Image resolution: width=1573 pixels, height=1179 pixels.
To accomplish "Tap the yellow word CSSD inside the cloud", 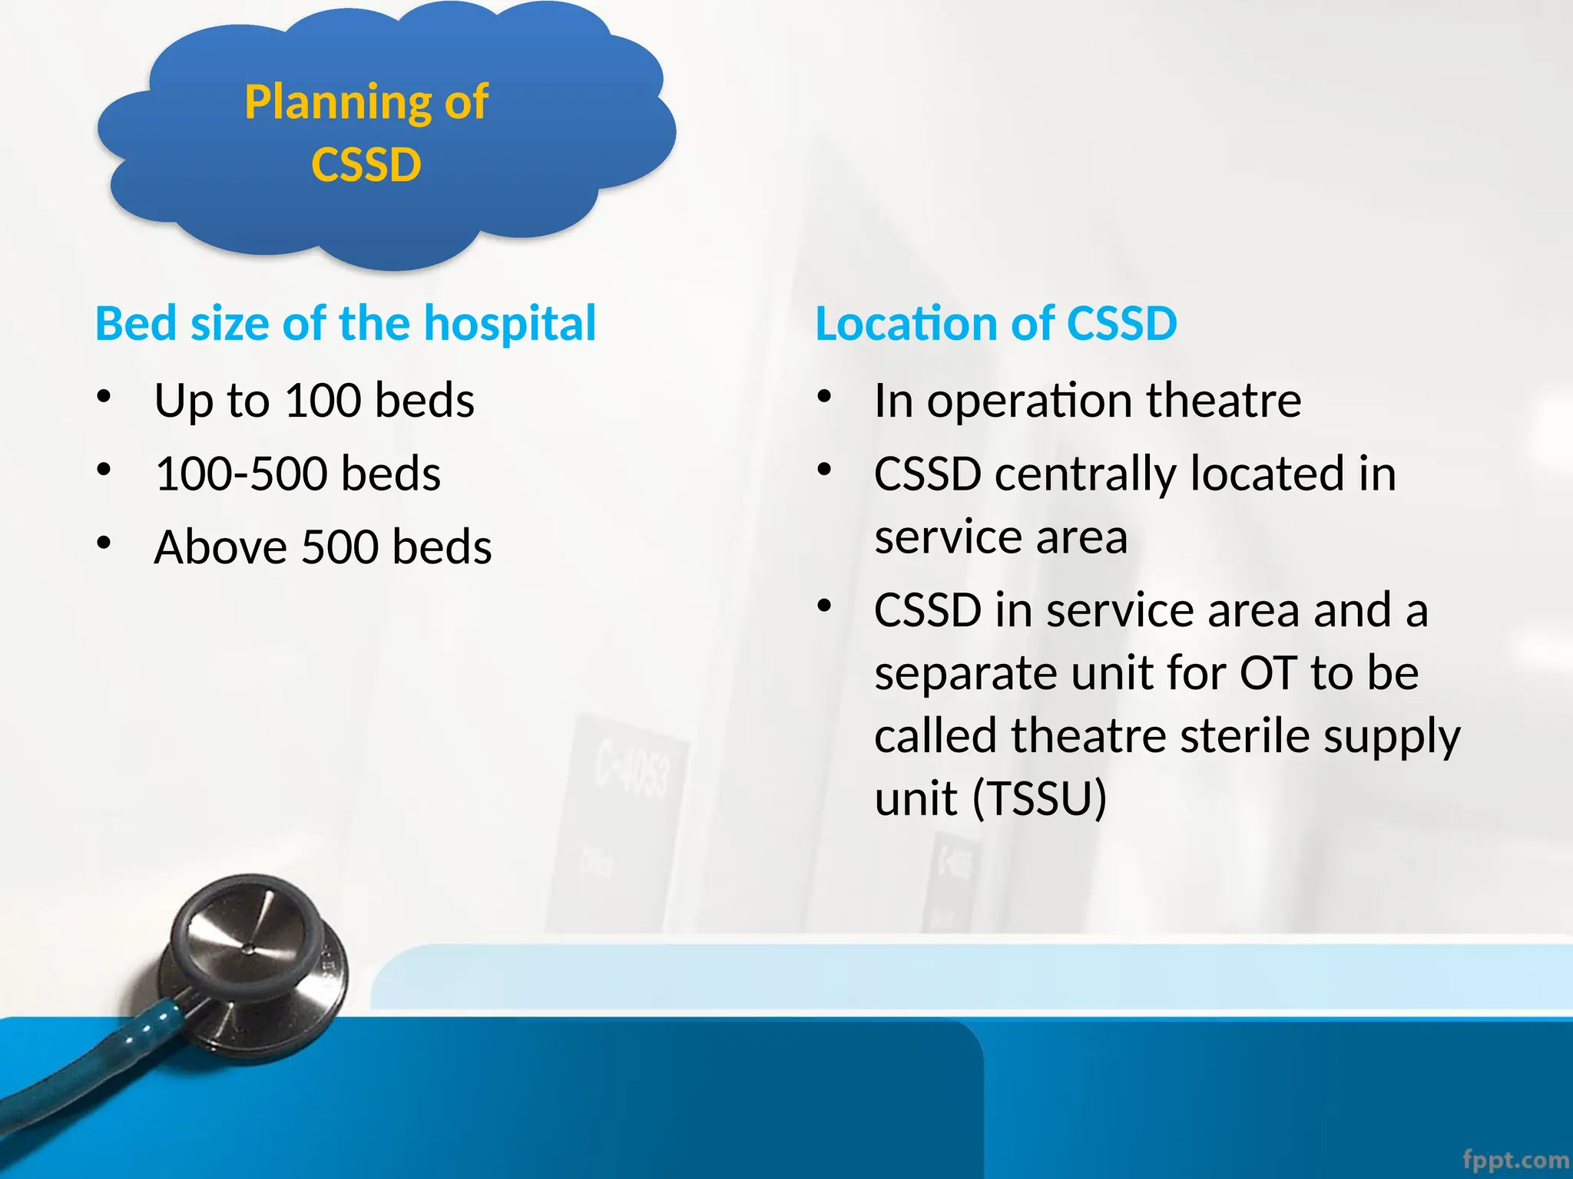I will coord(366,164).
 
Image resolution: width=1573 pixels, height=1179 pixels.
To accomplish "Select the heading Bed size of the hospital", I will coord(345,323).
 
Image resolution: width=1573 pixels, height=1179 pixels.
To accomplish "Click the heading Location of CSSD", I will coord(995,323).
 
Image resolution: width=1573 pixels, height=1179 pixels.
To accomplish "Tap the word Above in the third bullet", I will coord(220,547).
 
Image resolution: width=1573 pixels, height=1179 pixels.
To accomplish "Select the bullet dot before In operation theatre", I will coord(824,397).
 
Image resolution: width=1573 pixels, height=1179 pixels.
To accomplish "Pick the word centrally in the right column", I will coord(1085,474).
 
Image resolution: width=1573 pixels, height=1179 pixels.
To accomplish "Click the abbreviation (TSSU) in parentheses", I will coord(1039,798).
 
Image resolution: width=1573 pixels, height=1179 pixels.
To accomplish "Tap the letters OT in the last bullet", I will coord(1268,673).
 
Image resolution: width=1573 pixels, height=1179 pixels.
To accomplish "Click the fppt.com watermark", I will coord(1515,1160).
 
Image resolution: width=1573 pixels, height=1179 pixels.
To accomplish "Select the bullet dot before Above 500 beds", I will coord(104,543).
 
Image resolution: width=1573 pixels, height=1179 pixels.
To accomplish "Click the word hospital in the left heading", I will coord(510,323).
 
